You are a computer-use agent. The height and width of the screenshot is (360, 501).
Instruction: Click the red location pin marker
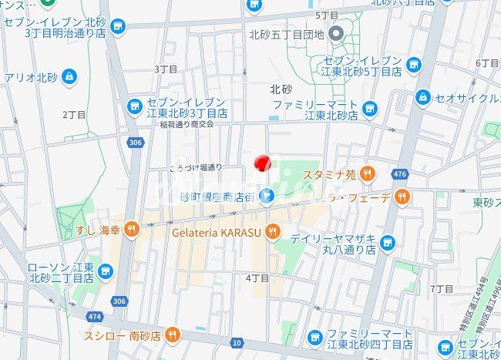263,163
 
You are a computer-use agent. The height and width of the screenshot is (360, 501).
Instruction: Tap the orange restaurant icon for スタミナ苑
367,173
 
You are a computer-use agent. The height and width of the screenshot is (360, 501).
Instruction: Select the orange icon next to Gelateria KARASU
272,230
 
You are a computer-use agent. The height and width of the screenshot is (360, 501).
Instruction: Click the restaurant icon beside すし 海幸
132,228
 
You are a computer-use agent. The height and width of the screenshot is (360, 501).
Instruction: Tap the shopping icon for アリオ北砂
69,76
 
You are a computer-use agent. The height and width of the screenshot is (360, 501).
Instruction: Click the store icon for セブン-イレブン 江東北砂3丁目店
135,106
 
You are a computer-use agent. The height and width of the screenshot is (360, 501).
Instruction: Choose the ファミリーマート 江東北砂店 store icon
369,109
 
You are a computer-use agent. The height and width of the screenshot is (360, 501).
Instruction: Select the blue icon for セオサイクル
422,97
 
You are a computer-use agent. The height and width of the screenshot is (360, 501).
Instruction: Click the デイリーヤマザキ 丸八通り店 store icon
387,244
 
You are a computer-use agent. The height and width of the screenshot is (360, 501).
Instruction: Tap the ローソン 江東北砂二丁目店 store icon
105,271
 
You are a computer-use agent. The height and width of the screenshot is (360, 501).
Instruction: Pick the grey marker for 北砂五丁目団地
336,32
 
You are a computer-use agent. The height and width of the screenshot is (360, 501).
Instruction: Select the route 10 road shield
237,341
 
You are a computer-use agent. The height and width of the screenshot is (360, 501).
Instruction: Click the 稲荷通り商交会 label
187,124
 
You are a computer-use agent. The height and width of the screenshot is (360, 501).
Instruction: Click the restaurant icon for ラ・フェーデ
402,197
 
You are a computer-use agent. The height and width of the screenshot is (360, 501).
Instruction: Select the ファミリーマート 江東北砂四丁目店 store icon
314,338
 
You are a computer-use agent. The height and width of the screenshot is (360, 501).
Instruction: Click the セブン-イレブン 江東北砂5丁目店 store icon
414,65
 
